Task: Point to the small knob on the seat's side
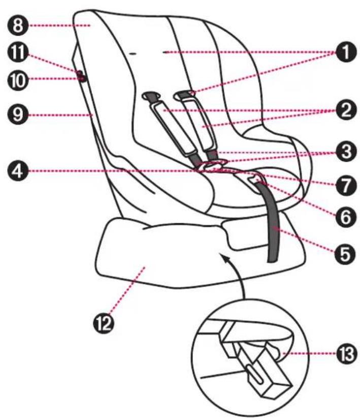[80, 77]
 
